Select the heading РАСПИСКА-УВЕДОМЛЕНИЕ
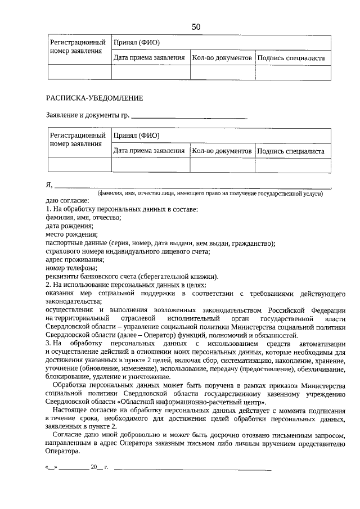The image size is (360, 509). (x=94, y=98)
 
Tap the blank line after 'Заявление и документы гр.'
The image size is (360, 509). (x=189, y=118)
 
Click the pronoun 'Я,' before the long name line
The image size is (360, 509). (x=49, y=184)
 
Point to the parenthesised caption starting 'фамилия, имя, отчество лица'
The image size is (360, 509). (x=210, y=193)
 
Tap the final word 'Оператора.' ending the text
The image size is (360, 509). (x=63, y=452)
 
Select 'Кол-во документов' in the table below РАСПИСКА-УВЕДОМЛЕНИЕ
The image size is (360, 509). (x=221, y=151)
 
